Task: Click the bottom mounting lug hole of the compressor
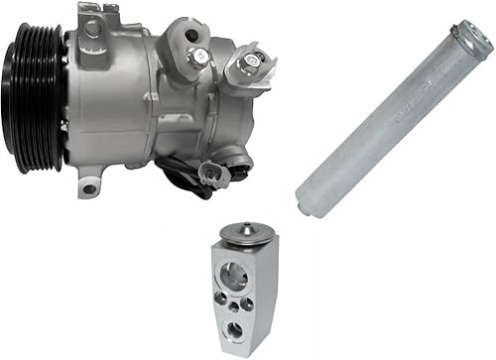click(x=89, y=186)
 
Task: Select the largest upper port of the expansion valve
click(x=237, y=275)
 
